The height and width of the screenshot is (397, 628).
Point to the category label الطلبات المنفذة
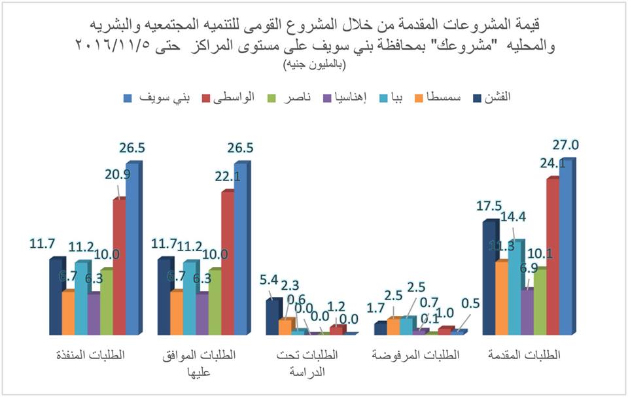(x=90, y=355)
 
